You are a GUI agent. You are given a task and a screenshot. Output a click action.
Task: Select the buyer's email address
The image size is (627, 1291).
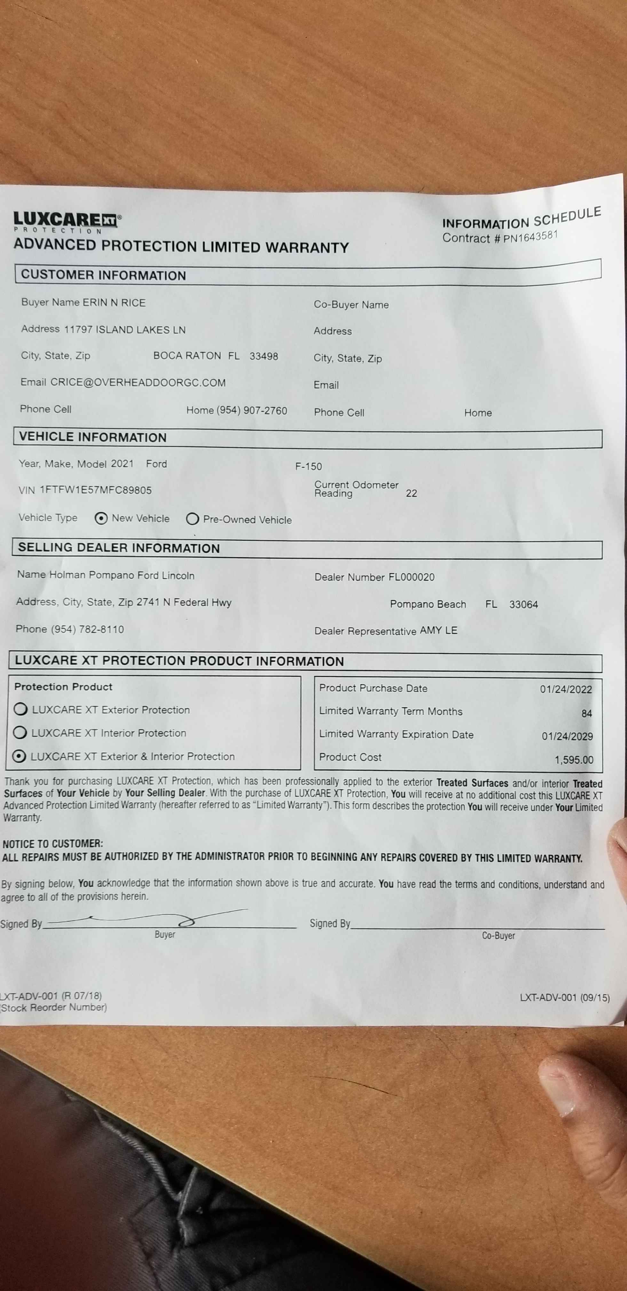pos(138,382)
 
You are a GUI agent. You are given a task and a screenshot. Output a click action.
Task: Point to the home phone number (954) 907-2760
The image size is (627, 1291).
pos(251,410)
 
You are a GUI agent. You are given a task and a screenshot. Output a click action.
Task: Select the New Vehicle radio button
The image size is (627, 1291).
pos(101,518)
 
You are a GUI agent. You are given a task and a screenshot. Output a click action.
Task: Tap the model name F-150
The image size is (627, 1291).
pos(308,467)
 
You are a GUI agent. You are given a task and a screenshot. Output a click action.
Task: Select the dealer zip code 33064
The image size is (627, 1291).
pos(523,605)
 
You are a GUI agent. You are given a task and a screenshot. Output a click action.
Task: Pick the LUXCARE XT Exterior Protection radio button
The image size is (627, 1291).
pos(20,709)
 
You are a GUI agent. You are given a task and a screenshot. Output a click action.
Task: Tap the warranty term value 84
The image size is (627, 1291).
pos(586,713)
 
